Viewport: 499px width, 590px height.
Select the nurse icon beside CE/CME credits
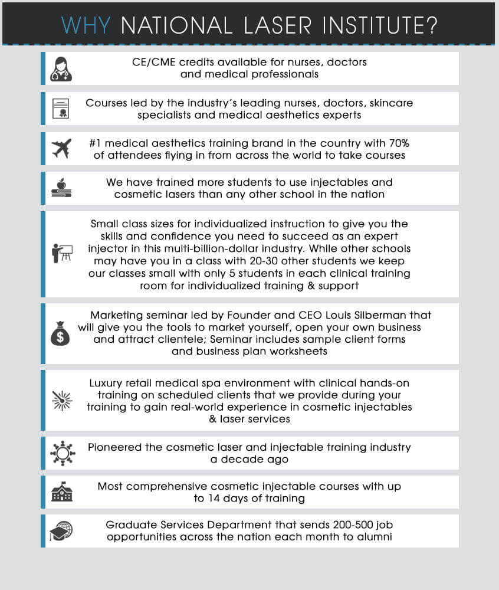click(61, 68)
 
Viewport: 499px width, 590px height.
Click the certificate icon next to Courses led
click(61, 109)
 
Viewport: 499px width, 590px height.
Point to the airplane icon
click(61, 149)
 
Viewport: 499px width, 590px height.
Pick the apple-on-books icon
click(61, 188)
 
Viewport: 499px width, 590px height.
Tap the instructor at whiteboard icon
click(61, 253)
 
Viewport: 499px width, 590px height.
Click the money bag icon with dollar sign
click(61, 334)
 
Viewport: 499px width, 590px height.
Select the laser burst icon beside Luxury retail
click(61, 401)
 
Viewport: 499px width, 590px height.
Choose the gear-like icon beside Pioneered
click(61, 454)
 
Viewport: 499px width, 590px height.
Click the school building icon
click(61, 492)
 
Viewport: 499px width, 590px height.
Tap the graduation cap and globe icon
click(61, 531)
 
